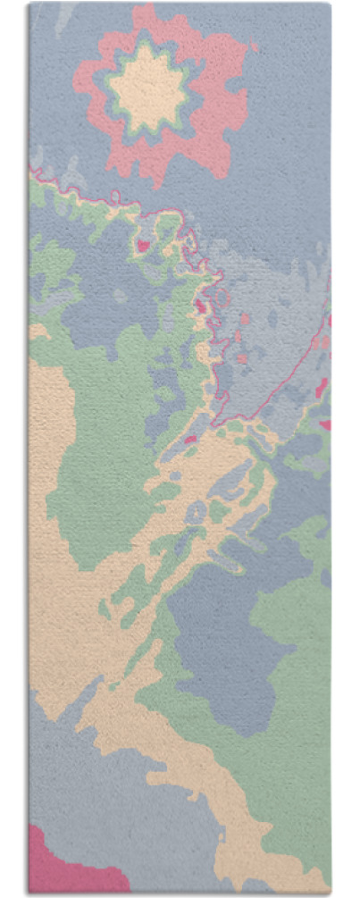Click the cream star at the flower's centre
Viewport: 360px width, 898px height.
click(x=148, y=88)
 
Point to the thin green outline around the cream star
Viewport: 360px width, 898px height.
click(x=111, y=88)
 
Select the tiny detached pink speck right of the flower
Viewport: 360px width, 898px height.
click(x=255, y=46)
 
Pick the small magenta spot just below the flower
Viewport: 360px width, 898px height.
click(x=142, y=242)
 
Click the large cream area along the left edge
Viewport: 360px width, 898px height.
click(x=49, y=500)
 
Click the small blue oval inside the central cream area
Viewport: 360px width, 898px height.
click(x=196, y=513)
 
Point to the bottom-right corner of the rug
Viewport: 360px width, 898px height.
click(x=329, y=890)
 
